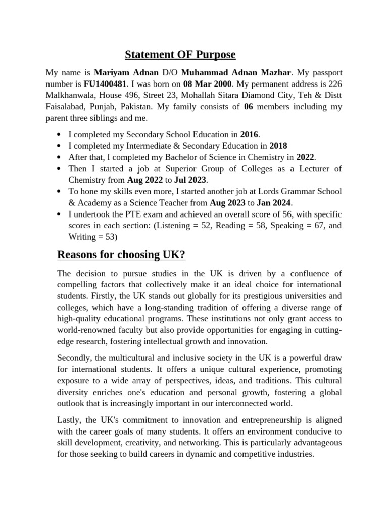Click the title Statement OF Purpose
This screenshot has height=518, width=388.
click(180, 54)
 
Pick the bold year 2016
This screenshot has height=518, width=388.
click(249, 134)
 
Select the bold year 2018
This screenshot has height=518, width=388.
click(279, 146)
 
